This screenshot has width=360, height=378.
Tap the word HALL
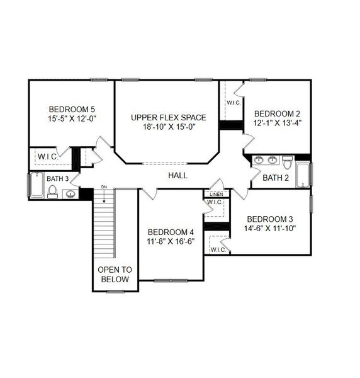tap(177, 175)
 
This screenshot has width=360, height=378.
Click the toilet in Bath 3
tap(53, 192)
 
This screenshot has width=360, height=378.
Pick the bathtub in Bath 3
tap(36, 185)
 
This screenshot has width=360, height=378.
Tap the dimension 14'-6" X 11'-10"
tap(270, 228)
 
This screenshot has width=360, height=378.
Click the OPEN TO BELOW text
tap(114, 274)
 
